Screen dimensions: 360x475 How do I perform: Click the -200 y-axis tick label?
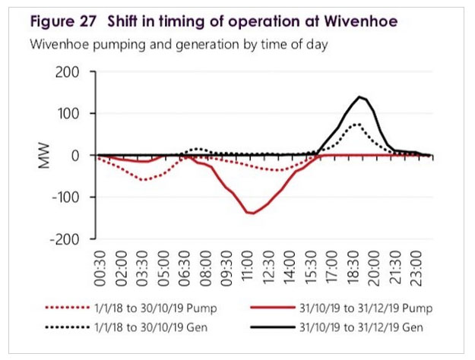(72, 238)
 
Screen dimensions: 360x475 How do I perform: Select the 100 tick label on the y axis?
(77, 114)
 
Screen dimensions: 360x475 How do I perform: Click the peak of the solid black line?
(359, 96)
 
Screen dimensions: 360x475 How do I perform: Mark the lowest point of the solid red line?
(251, 213)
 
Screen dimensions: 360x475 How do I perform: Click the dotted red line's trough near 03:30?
(143, 180)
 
